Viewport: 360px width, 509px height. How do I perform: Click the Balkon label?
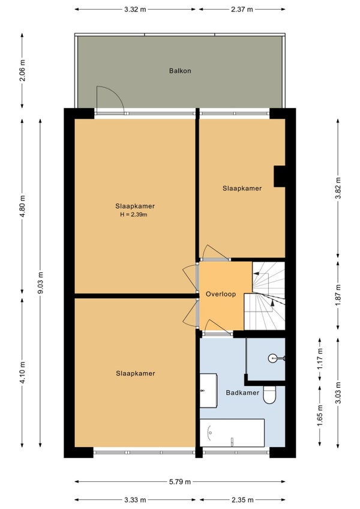180,71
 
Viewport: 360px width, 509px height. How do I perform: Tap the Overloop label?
221,294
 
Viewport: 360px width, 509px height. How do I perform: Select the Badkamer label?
242,393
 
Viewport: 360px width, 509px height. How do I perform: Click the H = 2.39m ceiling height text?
134,214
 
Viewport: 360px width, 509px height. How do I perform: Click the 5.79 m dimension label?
180,482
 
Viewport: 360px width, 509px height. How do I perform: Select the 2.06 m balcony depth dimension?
22,70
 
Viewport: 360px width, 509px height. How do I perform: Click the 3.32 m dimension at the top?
135,10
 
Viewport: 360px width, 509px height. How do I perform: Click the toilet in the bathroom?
269,395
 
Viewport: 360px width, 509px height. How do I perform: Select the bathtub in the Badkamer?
232,433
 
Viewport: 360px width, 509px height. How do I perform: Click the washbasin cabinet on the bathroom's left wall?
208,391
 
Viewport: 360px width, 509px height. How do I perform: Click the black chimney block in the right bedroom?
279,176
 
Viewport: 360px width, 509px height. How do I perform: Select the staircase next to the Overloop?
265,296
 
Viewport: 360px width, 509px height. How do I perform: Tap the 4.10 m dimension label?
22,372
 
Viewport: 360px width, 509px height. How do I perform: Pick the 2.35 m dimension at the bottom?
242,500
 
